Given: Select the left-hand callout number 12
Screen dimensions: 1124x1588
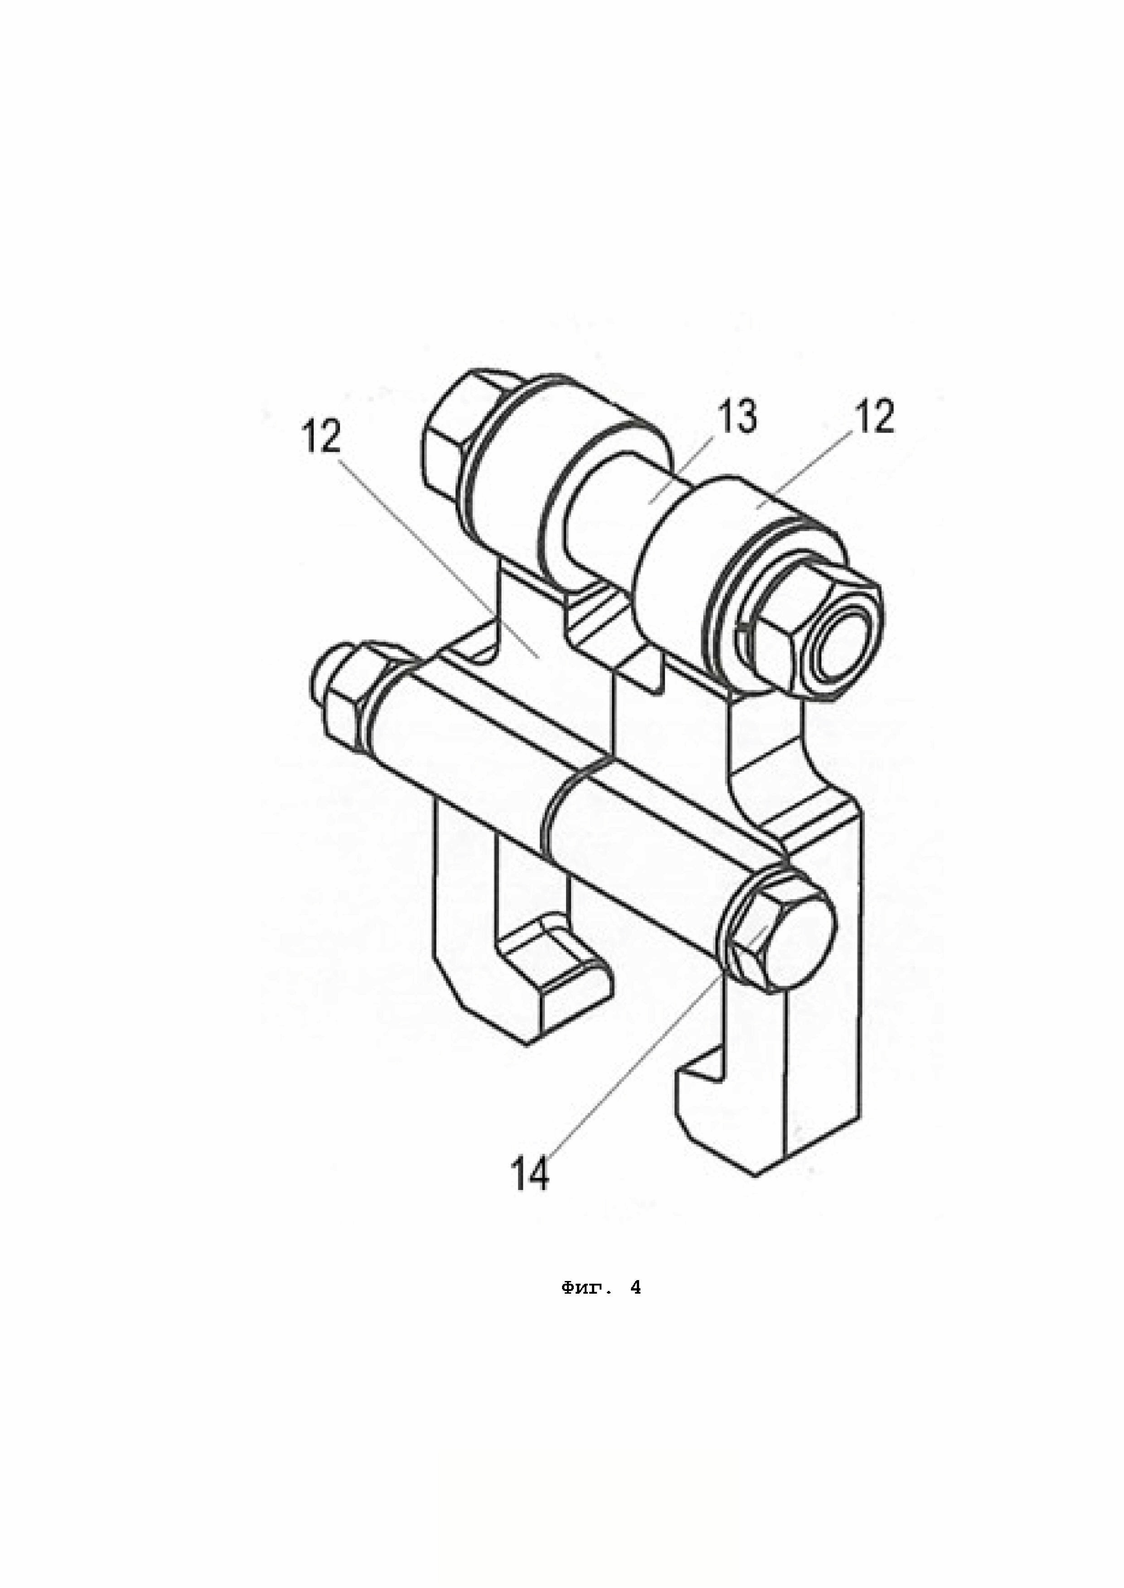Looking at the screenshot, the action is point(321,437).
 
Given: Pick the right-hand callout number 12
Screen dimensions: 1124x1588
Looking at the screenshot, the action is point(874,417).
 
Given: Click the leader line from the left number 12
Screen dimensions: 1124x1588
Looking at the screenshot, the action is point(443,553).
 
